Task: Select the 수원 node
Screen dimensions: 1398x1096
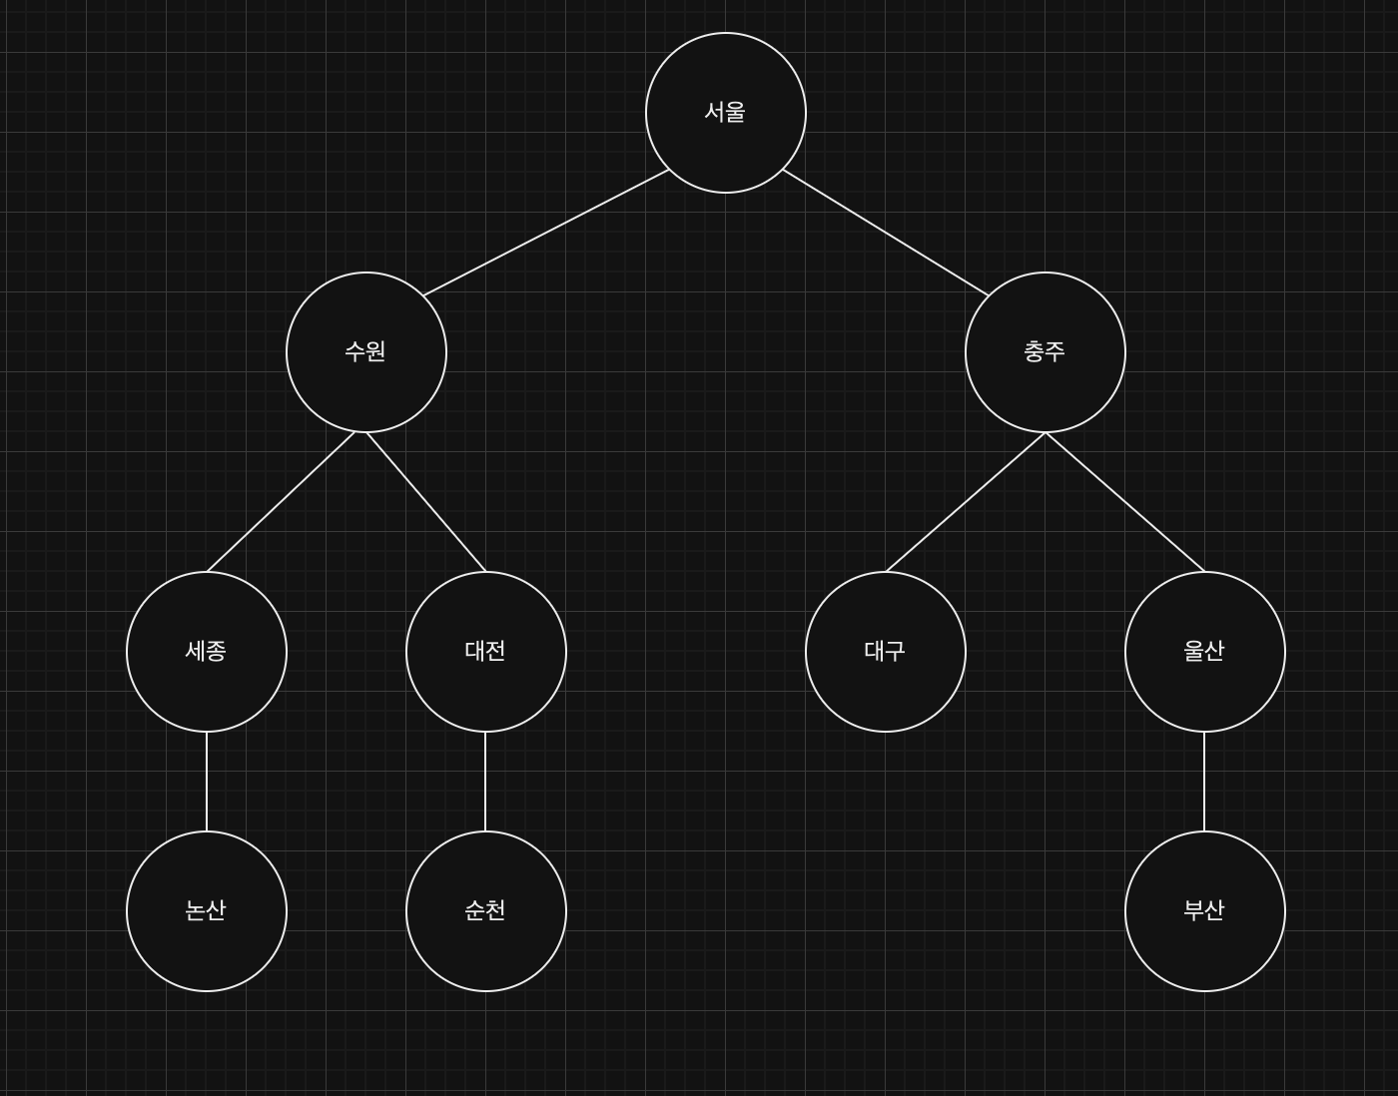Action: point(366,352)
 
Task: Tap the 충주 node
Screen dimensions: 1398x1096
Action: point(1046,352)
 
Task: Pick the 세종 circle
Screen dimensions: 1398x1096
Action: point(207,652)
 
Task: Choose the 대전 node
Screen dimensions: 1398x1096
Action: point(486,652)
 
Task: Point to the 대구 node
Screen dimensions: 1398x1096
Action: point(886,652)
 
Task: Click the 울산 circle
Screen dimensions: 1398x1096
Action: point(1205,652)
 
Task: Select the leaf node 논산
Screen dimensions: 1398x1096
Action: point(207,911)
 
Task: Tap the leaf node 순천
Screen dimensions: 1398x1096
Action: point(486,911)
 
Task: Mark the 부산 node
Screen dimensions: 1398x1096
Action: point(1205,911)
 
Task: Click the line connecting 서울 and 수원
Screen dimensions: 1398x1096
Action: point(546,233)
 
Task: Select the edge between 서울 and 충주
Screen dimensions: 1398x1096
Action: point(886,233)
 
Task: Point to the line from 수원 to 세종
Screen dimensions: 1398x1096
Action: point(281,502)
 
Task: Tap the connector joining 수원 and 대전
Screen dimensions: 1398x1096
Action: point(426,502)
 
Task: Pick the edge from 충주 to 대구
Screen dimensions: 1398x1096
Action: point(966,502)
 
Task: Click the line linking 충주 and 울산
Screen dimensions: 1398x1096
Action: point(1125,502)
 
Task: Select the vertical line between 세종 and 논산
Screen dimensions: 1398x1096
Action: point(207,782)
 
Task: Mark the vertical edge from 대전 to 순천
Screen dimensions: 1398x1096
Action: point(485,782)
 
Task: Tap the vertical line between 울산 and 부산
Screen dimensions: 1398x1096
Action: point(1204,782)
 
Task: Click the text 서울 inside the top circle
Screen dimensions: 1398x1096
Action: point(725,112)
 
